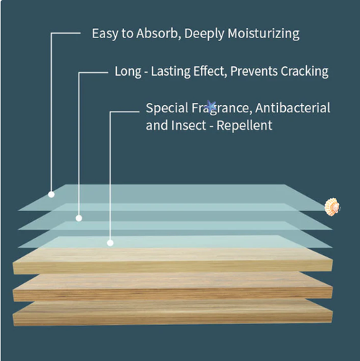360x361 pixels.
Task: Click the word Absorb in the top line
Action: (x=158, y=33)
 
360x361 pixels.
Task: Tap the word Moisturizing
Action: (x=264, y=34)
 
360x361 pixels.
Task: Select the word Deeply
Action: (x=204, y=34)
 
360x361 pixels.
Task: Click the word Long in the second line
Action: (x=128, y=72)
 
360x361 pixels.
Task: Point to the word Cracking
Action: (x=305, y=72)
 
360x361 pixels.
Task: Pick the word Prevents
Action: (x=254, y=71)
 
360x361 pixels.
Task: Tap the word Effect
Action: (x=210, y=71)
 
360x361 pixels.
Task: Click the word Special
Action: (x=167, y=108)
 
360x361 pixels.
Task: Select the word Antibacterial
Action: (x=293, y=107)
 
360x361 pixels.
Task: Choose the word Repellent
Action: (x=244, y=125)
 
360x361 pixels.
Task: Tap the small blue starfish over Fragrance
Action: (x=212, y=107)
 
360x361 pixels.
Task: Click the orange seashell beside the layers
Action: (x=332, y=207)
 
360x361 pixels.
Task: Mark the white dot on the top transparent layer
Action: (x=51, y=195)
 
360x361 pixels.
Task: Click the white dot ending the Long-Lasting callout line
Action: (x=78, y=218)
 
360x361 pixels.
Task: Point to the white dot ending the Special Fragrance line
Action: (x=110, y=243)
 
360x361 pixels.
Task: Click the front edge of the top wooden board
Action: (x=173, y=267)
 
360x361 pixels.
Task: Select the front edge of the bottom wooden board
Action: (x=173, y=318)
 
